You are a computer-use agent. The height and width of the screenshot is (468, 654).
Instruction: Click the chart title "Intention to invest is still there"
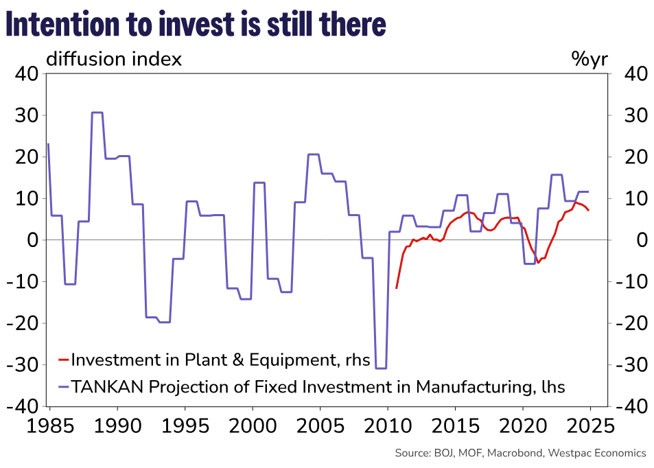tap(196, 25)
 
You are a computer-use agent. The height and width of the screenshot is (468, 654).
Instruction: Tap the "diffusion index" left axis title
tap(114, 60)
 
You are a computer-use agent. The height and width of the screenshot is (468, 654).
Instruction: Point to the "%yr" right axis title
tap(589, 60)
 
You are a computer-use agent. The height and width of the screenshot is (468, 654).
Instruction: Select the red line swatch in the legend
tap(63, 360)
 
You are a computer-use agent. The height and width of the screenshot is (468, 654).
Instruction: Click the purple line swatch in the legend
tap(63, 387)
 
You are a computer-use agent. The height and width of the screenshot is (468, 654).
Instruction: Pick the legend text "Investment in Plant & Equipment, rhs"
tap(220, 360)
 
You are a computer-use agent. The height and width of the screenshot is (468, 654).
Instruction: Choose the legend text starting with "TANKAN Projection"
tap(318, 387)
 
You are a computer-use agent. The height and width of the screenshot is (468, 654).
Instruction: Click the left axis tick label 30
tap(26, 116)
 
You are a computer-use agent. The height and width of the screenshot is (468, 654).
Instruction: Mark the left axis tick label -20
tap(22, 323)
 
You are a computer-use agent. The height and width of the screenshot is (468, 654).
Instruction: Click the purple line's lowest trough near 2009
tap(381, 368)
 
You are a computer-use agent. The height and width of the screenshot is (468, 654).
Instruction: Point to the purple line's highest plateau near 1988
tap(97, 113)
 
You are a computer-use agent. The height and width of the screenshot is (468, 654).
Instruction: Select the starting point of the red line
tap(397, 288)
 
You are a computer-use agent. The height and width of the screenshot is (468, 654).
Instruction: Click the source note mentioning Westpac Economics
tap(520, 453)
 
